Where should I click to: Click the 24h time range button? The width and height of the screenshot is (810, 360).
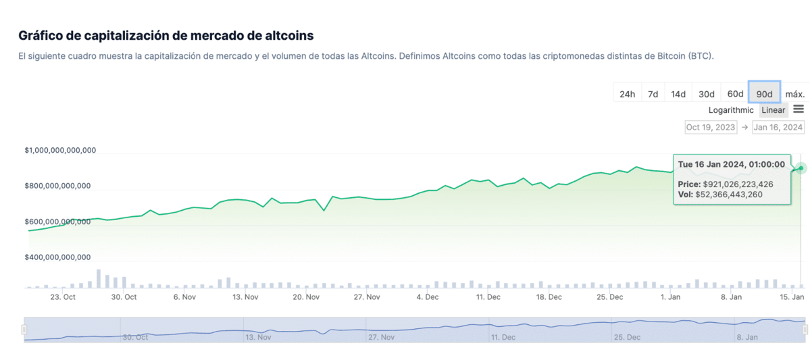click(627, 94)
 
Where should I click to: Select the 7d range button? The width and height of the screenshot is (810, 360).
click(653, 94)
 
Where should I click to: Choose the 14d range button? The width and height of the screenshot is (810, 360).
click(678, 94)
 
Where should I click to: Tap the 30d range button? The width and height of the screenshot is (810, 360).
click(707, 94)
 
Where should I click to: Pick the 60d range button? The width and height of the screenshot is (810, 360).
click(735, 94)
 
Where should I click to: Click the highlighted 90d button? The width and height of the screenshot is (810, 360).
click(764, 94)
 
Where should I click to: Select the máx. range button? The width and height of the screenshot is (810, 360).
click(794, 94)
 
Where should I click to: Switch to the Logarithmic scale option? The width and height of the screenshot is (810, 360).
click(731, 110)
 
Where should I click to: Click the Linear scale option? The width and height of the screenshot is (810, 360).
click(774, 110)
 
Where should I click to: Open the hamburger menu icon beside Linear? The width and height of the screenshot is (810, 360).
click(799, 109)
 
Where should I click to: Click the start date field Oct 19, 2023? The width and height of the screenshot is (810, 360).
click(710, 127)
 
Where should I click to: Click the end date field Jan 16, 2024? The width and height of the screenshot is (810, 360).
click(778, 127)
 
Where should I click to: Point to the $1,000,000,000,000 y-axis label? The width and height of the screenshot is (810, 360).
click(60, 151)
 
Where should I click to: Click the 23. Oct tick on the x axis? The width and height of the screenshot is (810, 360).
click(63, 297)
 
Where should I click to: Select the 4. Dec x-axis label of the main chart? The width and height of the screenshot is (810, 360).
click(427, 297)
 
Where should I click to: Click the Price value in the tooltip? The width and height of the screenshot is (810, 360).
click(738, 184)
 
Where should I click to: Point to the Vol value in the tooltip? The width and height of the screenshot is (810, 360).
click(729, 195)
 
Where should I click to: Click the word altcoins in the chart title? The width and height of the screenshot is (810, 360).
click(288, 35)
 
